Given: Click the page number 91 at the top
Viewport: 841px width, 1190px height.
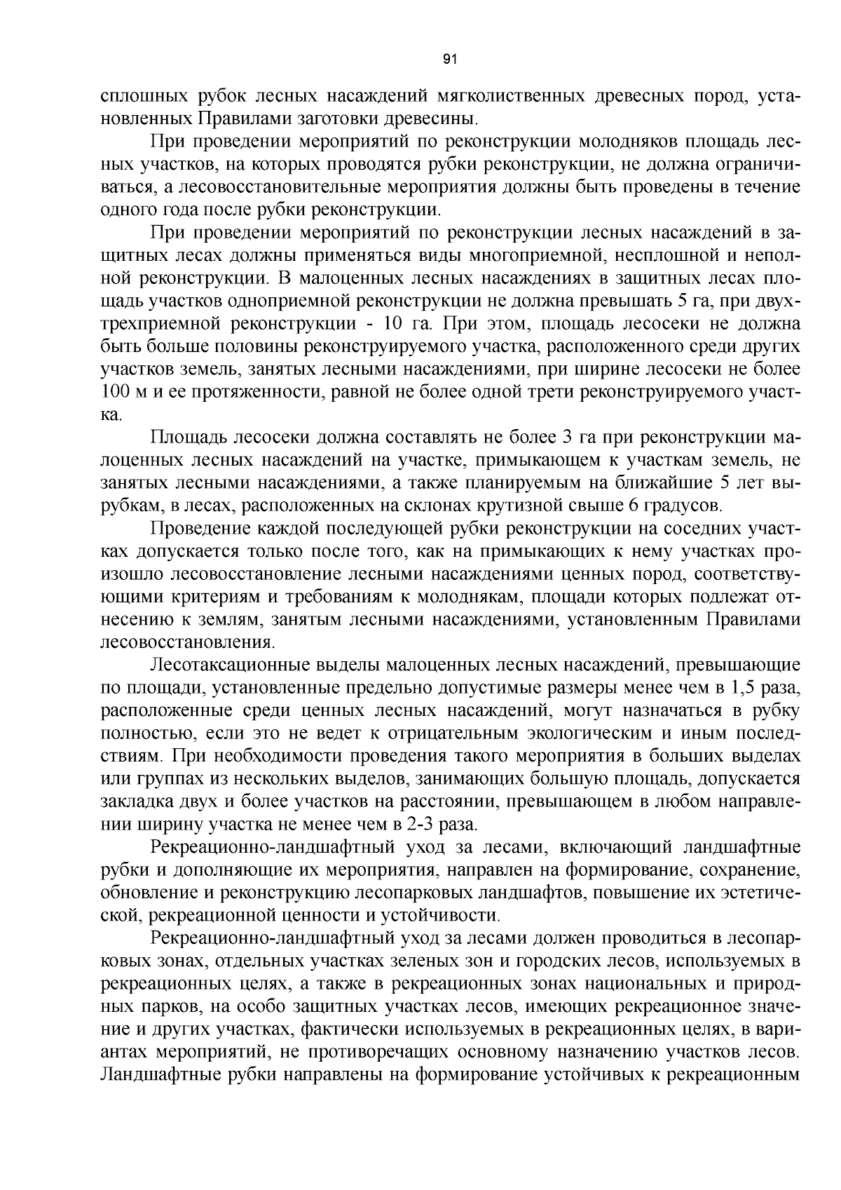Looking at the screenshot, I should [x=451, y=60].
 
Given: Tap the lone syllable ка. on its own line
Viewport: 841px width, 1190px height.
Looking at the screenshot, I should [x=111, y=415].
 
